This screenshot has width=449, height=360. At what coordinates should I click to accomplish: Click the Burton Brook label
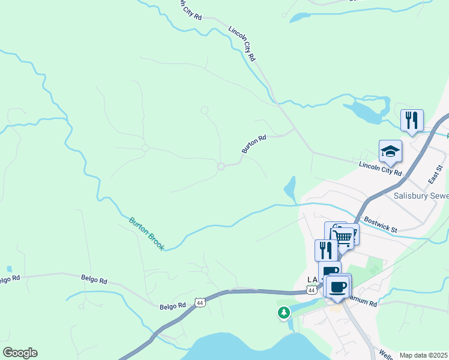(146, 233)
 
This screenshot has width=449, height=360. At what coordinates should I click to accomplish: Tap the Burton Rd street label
(253, 144)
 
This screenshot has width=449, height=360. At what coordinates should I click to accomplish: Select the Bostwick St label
(381, 225)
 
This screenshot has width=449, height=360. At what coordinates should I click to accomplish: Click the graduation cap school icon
(390, 152)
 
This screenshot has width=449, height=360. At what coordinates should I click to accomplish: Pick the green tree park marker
(283, 313)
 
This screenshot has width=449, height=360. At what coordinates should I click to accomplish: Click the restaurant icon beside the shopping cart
(326, 250)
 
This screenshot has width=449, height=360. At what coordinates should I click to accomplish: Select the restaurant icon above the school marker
(412, 121)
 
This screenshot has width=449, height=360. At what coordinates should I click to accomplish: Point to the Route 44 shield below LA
(311, 290)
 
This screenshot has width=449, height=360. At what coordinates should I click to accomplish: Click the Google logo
(20, 353)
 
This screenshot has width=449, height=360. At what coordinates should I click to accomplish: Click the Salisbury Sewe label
(421, 196)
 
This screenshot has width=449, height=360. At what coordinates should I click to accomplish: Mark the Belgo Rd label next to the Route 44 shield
(173, 307)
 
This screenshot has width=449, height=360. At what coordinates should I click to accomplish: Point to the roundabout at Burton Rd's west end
(221, 166)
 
